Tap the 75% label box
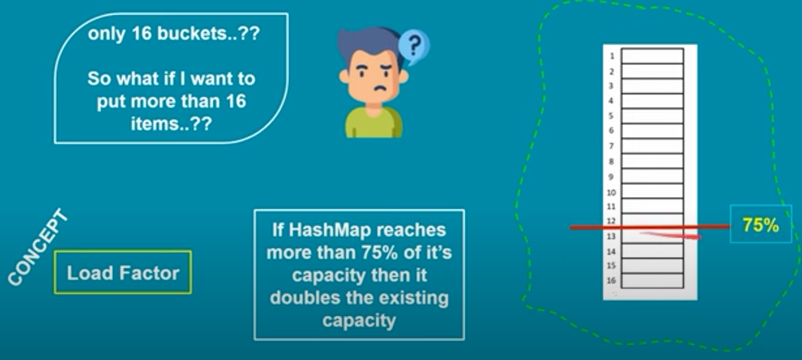tap(761, 224)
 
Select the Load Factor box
tap(123, 272)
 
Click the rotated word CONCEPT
tap(38, 247)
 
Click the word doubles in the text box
tap(305, 298)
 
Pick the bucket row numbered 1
tap(652, 56)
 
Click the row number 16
tap(611, 280)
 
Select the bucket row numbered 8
tap(652, 161)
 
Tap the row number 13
tap(611, 236)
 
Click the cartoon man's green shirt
tap(373, 124)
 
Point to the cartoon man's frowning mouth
tap(380, 88)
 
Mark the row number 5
tap(611, 116)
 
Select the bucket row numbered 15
tap(652, 266)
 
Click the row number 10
tap(611, 193)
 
